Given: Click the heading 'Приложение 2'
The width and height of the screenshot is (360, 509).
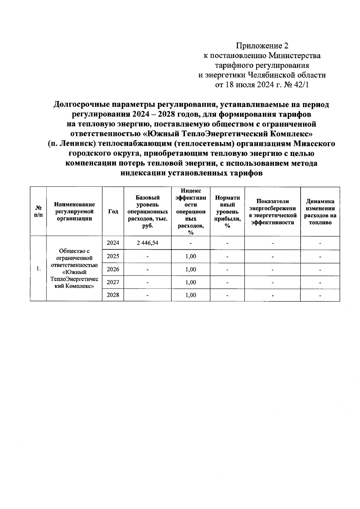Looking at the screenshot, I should (262, 46).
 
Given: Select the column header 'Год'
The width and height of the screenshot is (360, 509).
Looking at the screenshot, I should (113, 211).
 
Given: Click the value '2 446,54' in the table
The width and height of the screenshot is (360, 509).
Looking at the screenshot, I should (147, 243).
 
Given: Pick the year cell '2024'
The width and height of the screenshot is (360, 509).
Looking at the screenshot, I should (113, 243).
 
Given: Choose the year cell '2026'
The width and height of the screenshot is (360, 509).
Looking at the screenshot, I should (113, 269).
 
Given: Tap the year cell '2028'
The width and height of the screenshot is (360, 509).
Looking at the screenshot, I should (113, 295).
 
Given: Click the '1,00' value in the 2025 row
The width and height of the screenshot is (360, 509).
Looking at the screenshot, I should (190, 256).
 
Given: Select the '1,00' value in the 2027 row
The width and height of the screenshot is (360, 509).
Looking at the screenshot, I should (190, 282).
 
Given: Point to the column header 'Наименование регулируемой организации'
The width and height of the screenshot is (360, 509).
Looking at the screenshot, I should (74, 211).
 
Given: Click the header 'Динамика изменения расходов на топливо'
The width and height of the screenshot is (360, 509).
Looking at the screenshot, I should (320, 212).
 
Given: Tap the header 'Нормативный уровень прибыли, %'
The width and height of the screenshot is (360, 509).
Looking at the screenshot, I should (227, 211).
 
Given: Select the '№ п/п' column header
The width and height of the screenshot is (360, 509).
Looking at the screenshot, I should (38, 212).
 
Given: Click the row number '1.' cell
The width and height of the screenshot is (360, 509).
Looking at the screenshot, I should (38, 269).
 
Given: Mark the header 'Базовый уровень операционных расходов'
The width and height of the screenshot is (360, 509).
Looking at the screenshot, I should (147, 211).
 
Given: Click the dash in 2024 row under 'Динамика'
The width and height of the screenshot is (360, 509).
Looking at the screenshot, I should (320, 243).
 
